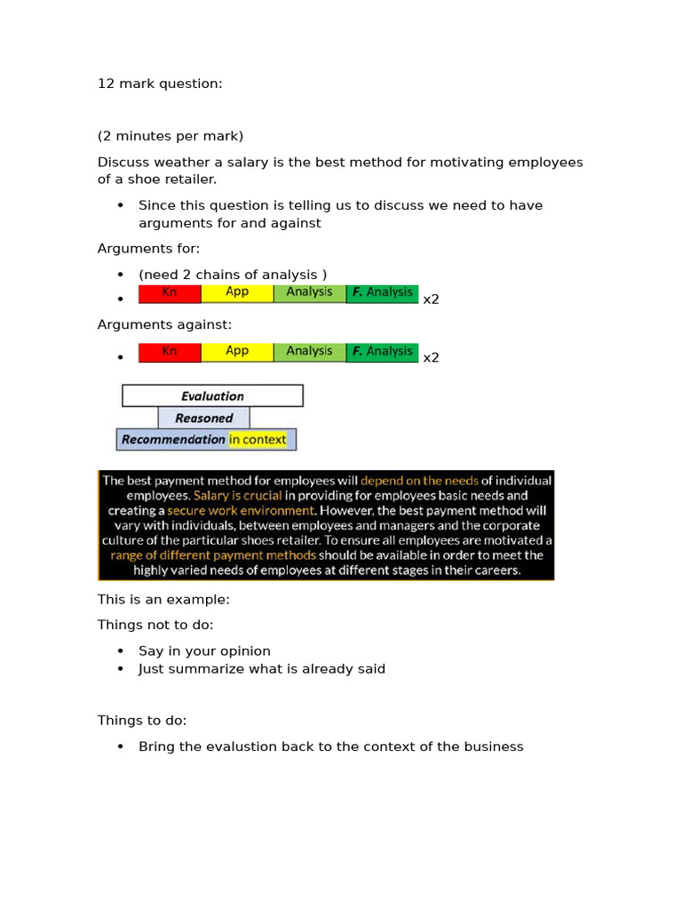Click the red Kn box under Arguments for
pyautogui.click(x=170, y=293)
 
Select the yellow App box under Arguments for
pyautogui.click(x=237, y=293)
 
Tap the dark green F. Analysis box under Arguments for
pyautogui.click(x=382, y=293)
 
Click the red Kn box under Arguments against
pyautogui.click(x=170, y=352)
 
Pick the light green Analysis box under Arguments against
pyautogui.click(x=309, y=352)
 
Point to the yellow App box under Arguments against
pyautogui.click(x=237, y=352)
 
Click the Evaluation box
pyautogui.click(x=212, y=396)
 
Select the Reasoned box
pyautogui.click(x=203, y=418)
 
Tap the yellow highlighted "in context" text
pyautogui.click(x=258, y=439)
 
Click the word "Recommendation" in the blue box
pyautogui.click(x=173, y=439)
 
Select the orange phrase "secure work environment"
pyautogui.click(x=241, y=511)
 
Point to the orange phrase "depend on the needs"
pyautogui.click(x=418, y=481)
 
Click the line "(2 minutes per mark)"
pyautogui.click(x=170, y=136)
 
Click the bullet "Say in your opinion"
pyautogui.click(x=204, y=651)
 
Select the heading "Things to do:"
pyautogui.click(x=142, y=720)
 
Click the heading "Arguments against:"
pyautogui.click(x=152, y=324)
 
